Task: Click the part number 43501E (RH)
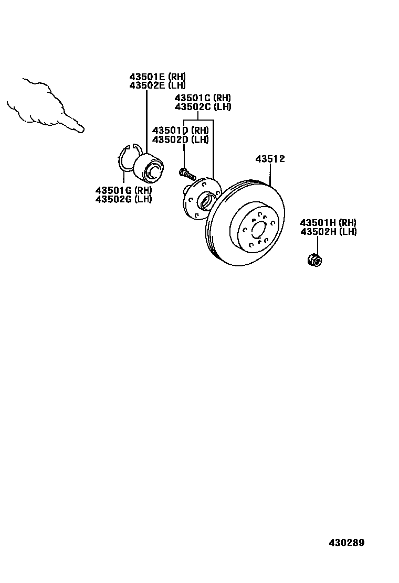pyautogui.click(x=157, y=77)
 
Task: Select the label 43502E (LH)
pyautogui.click(x=157, y=85)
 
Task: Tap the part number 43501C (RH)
pyautogui.click(x=202, y=98)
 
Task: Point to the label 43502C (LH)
pyautogui.click(x=202, y=106)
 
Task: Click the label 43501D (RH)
pyautogui.click(x=180, y=131)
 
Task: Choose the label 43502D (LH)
pyautogui.click(x=180, y=139)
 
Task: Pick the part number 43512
pyautogui.click(x=270, y=159)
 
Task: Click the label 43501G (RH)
pyautogui.click(x=123, y=190)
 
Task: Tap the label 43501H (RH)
pyautogui.click(x=328, y=223)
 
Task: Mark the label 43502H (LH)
pyautogui.click(x=328, y=231)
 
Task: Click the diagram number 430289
pyautogui.click(x=346, y=543)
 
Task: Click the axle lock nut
pyautogui.click(x=314, y=259)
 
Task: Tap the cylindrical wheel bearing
pyautogui.click(x=149, y=167)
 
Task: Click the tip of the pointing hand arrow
pyautogui.click(x=81, y=129)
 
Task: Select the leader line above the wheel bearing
pyautogui.click(x=146, y=121)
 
